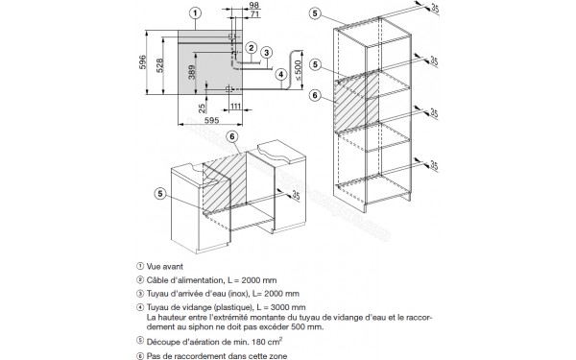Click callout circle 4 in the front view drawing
(280, 74)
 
